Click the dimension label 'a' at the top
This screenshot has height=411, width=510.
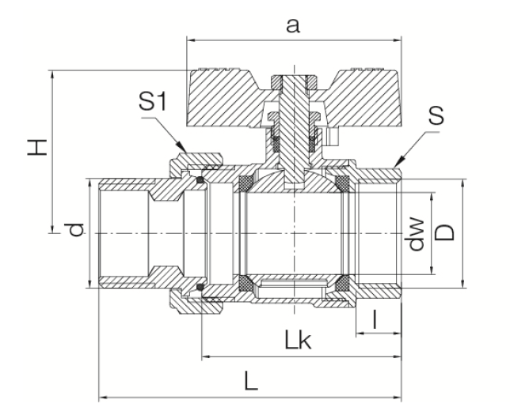[x=292, y=25]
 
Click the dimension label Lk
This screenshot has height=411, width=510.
[x=299, y=342]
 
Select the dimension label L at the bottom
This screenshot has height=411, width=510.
[x=251, y=382]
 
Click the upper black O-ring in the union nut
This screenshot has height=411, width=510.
[x=201, y=182]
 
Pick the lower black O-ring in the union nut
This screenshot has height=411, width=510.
[x=201, y=285]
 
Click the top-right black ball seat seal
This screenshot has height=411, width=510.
[x=343, y=184]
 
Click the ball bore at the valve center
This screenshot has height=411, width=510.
[x=295, y=233]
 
